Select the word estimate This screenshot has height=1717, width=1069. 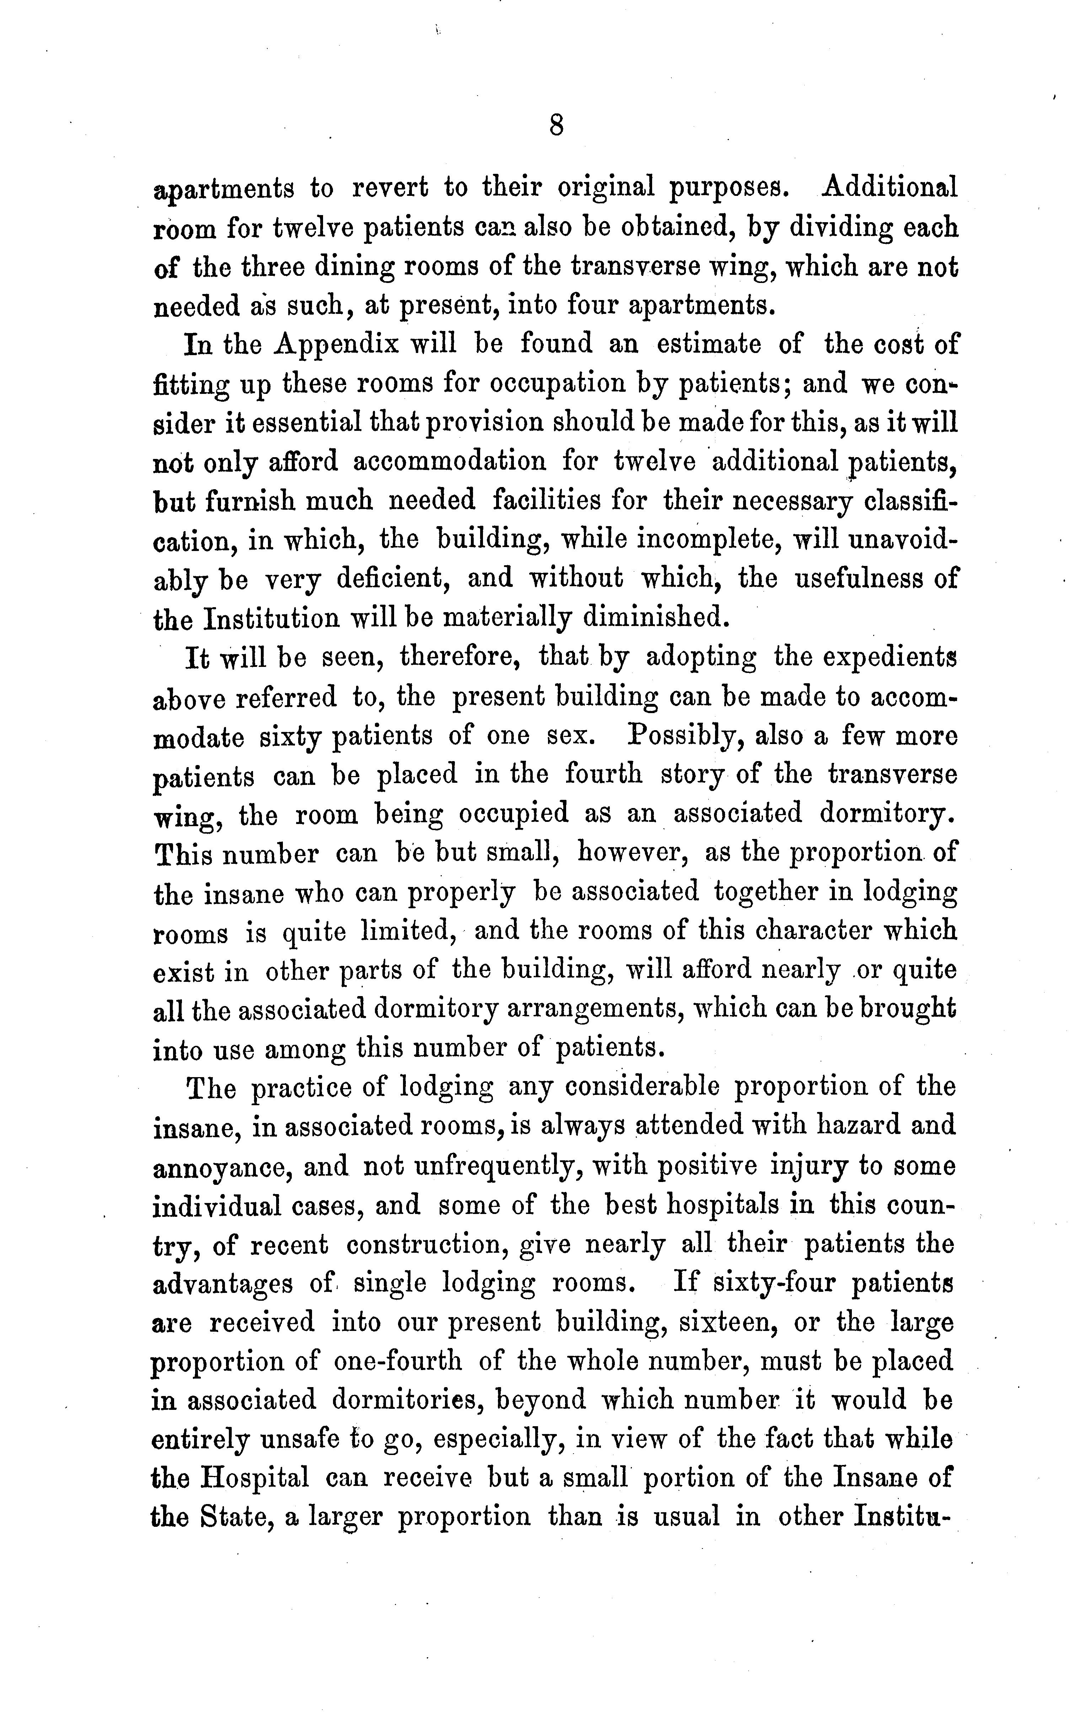(708, 344)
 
